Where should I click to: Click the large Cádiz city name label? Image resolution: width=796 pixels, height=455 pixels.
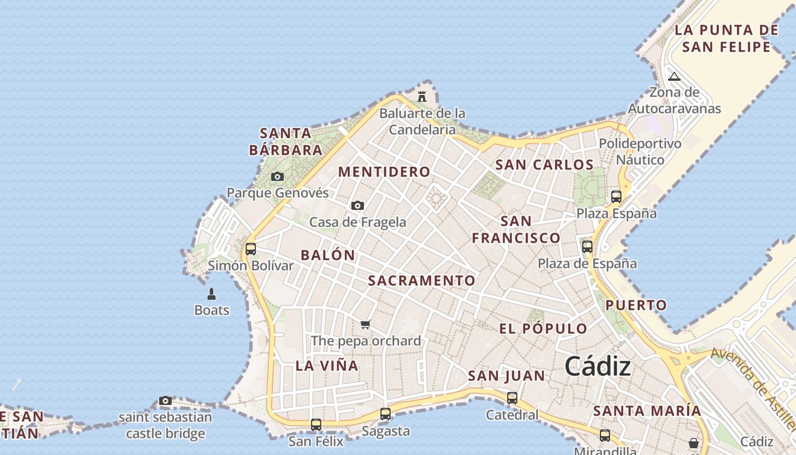[598, 366]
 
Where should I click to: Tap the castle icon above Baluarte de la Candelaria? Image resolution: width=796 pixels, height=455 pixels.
[421, 97]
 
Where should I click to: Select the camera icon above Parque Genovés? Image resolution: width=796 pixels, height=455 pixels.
[277, 177]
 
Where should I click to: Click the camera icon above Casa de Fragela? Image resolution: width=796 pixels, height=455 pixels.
[357, 205]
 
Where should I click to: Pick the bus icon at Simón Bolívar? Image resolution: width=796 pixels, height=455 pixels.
[251, 249]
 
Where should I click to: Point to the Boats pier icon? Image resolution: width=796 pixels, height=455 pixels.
[212, 294]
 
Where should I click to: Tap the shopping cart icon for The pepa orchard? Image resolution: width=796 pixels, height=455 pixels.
[366, 324]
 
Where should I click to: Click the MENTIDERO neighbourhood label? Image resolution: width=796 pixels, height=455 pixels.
[384, 172]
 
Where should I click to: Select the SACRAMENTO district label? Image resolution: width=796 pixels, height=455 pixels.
[421, 280]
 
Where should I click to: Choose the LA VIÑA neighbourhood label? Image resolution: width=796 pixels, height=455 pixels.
[327, 366]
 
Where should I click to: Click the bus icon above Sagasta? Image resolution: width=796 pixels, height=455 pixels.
[385, 414]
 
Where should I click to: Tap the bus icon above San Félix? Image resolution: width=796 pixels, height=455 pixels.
[316, 424]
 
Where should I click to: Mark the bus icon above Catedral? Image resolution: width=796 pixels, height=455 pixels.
[512, 398]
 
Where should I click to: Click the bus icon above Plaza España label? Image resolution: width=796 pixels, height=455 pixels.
[616, 197]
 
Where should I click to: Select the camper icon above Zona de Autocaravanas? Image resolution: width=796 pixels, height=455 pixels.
[674, 76]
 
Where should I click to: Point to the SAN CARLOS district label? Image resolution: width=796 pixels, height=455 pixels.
[544, 165]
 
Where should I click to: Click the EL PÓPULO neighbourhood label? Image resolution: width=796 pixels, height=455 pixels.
[543, 328]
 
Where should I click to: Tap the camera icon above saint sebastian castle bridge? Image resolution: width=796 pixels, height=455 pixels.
[165, 400]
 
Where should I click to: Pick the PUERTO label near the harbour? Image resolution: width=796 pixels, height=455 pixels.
[636, 305]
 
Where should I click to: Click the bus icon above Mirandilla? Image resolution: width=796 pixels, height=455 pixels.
[605, 436]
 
